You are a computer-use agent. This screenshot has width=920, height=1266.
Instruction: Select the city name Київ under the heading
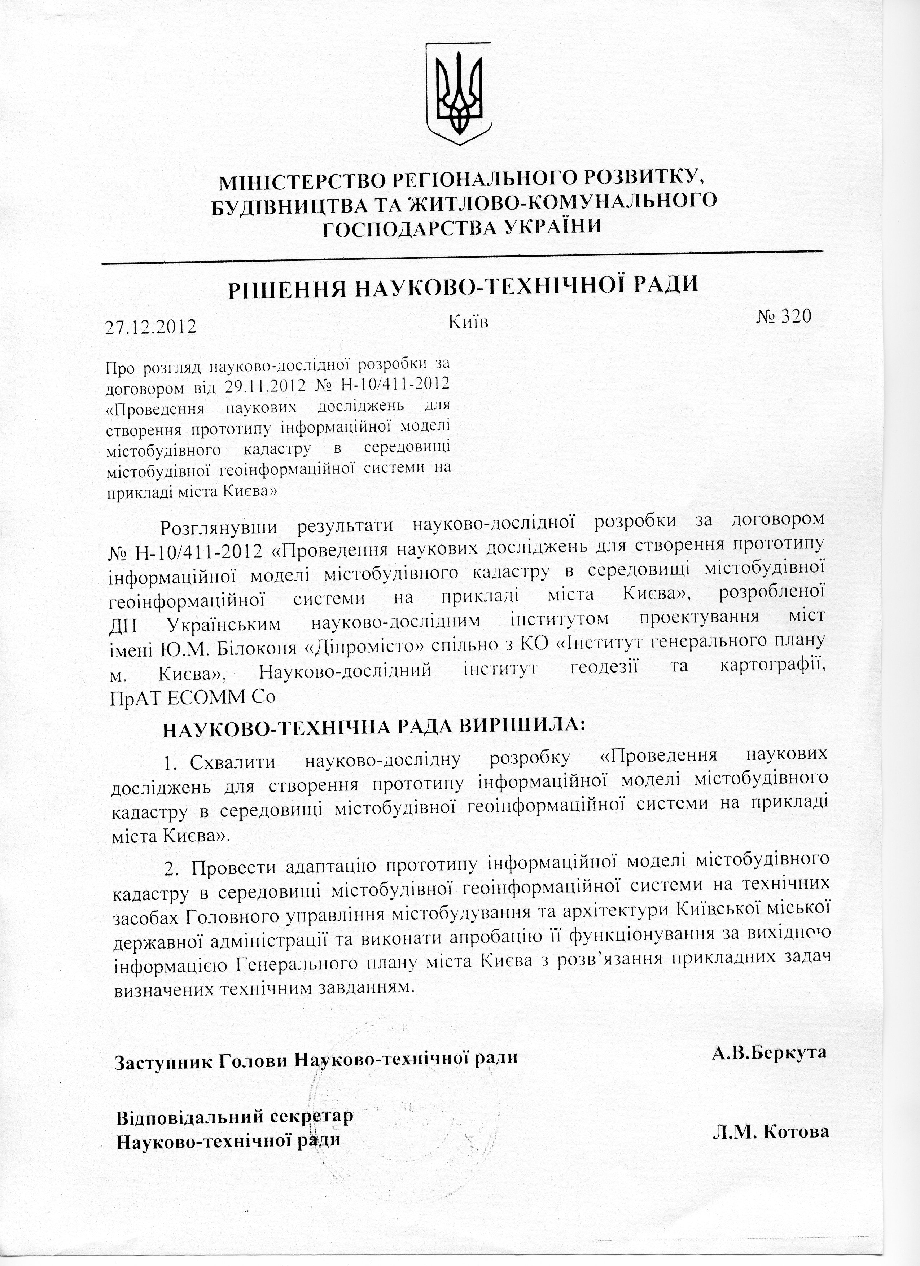tap(468, 321)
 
